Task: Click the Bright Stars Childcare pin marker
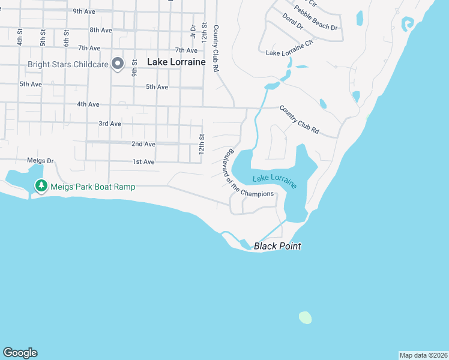(118, 62)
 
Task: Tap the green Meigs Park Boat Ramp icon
(41, 186)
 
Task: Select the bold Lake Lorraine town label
(176, 61)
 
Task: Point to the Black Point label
(277, 246)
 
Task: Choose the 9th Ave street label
(85, 11)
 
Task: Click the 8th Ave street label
(101, 29)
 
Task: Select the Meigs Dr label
(40, 161)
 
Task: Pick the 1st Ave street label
(143, 162)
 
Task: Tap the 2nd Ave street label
(143, 144)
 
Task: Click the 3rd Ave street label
(110, 124)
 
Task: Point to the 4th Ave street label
(88, 104)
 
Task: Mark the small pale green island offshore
(305, 317)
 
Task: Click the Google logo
(20, 353)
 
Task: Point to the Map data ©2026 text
(423, 355)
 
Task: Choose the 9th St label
(135, 65)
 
